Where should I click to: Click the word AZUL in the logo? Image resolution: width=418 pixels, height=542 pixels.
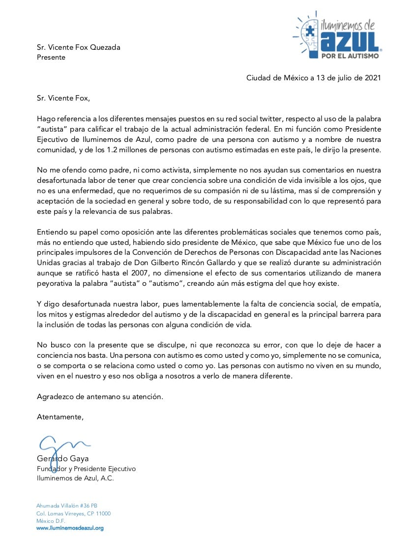tap(350, 42)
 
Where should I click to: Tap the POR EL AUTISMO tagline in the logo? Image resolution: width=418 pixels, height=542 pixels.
tap(350, 56)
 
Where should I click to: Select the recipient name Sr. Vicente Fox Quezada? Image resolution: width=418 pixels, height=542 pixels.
tap(79, 47)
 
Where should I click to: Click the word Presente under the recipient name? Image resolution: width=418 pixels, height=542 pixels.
tap(51, 57)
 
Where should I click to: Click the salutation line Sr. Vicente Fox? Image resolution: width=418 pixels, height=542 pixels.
tap(63, 98)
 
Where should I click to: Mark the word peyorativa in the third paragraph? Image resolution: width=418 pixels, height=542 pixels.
tap(55, 283)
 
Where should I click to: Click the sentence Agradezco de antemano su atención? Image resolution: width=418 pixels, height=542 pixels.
tap(100, 396)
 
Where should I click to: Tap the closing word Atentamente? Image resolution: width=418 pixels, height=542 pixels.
tap(60, 417)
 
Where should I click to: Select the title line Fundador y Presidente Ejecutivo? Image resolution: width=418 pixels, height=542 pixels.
tap(86, 469)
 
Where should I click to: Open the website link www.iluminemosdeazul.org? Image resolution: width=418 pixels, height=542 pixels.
tap(70, 528)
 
